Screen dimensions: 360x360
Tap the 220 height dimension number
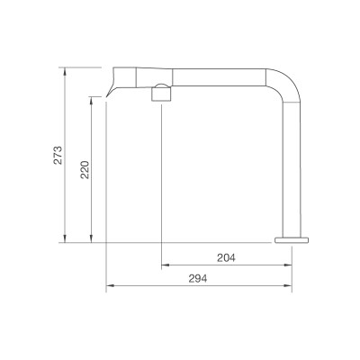[x=85, y=169]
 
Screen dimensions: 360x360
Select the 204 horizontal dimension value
[x=226, y=258]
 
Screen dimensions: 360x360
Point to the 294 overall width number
[x=198, y=279]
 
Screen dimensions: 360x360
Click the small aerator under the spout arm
[x=161, y=91]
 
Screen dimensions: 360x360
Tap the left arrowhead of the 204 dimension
[x=165, y=266]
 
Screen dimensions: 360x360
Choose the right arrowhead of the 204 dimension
[x=287, y=266]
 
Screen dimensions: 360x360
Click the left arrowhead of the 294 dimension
[x=110, y=287]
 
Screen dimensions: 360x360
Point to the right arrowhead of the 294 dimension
[x=287, y=287]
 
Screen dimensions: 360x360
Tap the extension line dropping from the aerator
[x=161, y=180]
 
